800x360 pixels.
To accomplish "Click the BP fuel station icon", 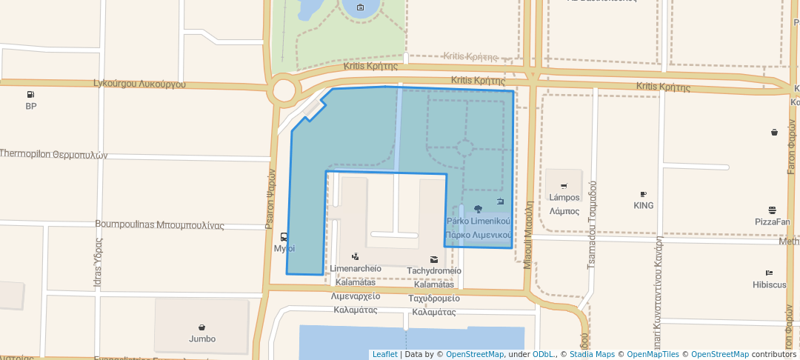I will pos(30,95).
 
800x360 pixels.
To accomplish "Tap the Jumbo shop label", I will pos(201,339).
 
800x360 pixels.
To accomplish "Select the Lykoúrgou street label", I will pos(139,84).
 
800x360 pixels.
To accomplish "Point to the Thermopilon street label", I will pos(53,155).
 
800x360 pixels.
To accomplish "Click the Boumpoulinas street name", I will pos(159,224).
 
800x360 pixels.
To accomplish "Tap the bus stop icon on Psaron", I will pos(284,238).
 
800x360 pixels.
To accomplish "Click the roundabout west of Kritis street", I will pos(284,91).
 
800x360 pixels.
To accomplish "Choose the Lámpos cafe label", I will pos(564,204).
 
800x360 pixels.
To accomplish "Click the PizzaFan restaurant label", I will pos(772,221).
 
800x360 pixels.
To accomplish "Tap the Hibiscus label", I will pos(769,284).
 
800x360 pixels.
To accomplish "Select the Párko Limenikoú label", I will pos(479,228).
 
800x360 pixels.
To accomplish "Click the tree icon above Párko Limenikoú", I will pos(478,209).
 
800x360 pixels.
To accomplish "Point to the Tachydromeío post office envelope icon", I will pos(434,259).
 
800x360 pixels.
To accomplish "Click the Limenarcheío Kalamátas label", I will pos(356,275).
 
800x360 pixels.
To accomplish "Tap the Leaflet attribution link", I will pos(384,354).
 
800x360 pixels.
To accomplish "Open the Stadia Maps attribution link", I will pos(590,354).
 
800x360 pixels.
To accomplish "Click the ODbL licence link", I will pos(544,354).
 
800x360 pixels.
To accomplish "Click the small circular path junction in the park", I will pos(464,147).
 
